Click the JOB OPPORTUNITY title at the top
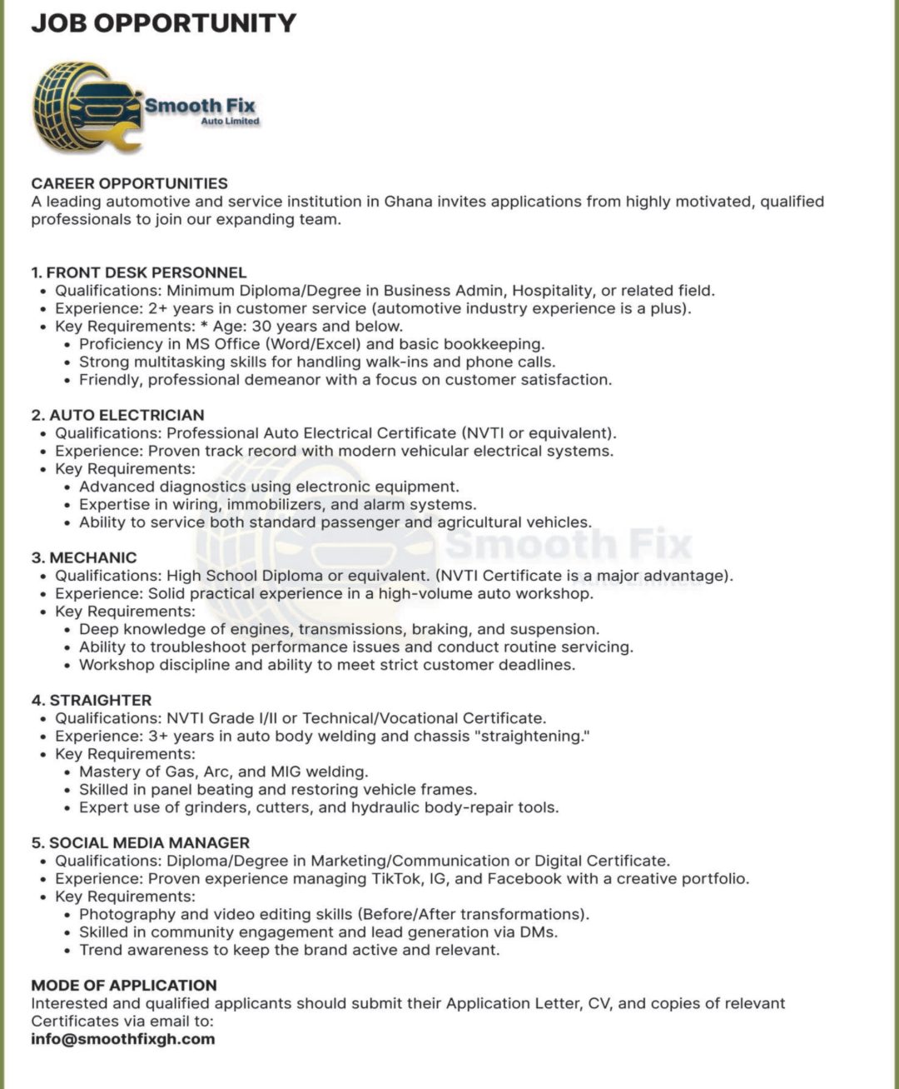(163, 22)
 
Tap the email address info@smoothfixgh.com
(122, 1039)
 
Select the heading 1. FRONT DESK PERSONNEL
(139, 272)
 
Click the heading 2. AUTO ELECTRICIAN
(117, 415)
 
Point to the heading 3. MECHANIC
(84, 557)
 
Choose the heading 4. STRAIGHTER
(92, 700)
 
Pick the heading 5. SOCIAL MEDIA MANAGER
(141, 842)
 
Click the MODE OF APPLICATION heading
(124, 985)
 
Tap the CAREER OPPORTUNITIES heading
(129, 183)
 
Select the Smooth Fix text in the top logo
(200, 106)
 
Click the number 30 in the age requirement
(261, 326)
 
